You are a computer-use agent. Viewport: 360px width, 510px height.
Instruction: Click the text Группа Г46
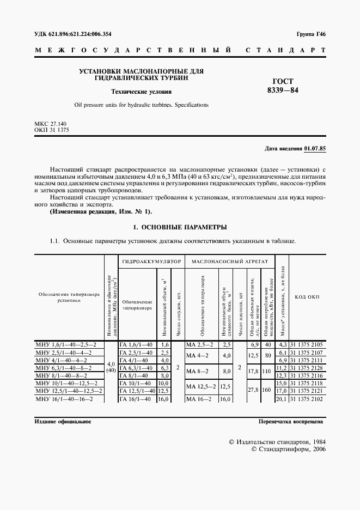310,34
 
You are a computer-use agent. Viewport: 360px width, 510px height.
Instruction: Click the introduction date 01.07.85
315,148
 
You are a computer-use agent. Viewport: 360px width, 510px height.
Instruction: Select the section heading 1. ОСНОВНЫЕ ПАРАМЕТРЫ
180,227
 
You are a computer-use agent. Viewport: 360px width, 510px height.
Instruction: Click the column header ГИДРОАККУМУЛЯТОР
151,262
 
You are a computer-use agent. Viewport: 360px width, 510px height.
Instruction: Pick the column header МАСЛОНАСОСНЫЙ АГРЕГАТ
229,262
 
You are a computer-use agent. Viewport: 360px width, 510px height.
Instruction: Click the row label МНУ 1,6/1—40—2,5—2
65,345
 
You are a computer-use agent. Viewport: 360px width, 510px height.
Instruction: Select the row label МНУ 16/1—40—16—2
64,399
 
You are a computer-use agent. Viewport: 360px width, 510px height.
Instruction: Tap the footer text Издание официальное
62,422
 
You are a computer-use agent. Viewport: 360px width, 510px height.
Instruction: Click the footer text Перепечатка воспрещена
291,422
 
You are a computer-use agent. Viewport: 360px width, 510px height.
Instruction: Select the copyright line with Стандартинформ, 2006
287,450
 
